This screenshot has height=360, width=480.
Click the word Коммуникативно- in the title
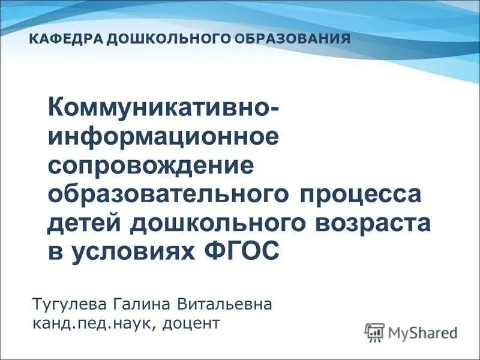[x=163, y=107]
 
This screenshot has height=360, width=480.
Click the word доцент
[x=192, y=325]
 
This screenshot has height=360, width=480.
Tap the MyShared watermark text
[x=423, y=332]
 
